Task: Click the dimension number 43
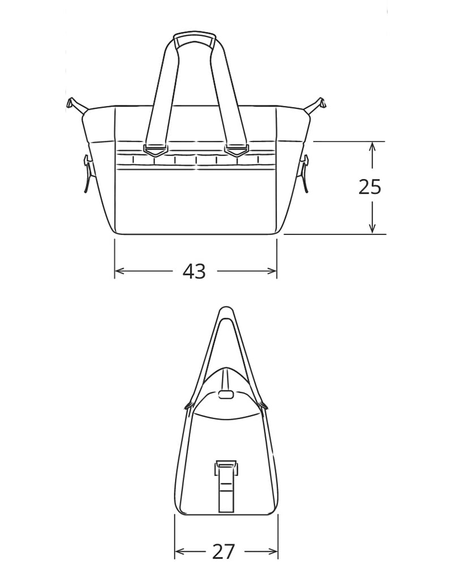194,271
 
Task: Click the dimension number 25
370,187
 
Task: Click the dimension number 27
224,551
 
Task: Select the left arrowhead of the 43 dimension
119,271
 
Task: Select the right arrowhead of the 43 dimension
272,271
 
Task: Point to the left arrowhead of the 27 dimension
180,551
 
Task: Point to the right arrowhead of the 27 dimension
273,551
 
